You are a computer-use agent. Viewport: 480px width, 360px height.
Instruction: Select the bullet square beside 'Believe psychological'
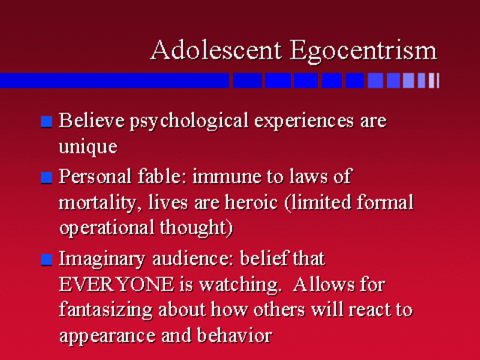pyautogui.click(x=47, y=122)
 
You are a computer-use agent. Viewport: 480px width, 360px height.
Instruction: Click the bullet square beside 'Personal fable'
pyautogui.click(x=47, y=178)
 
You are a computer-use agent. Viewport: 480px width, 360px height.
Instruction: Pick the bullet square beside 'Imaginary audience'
pyautogui.click(x=47, y=260)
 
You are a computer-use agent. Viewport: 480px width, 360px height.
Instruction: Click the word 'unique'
pyautogui.click(x=88, y=146)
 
